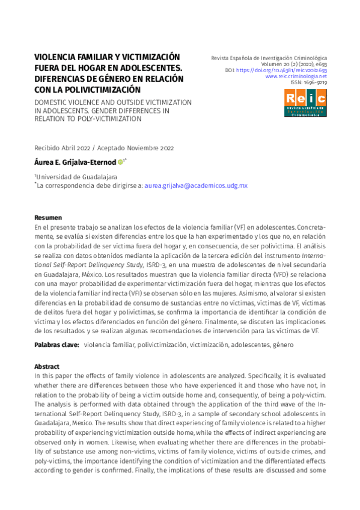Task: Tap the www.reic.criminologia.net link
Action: [x=296, y=76]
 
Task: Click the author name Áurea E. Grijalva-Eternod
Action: [x=75, y=162]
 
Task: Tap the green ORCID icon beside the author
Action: [x=120, y=162]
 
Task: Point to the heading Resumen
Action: [x=48, y=217]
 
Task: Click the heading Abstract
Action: [x=47, y=366]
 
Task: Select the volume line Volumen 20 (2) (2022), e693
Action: [x=294, y=64]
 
